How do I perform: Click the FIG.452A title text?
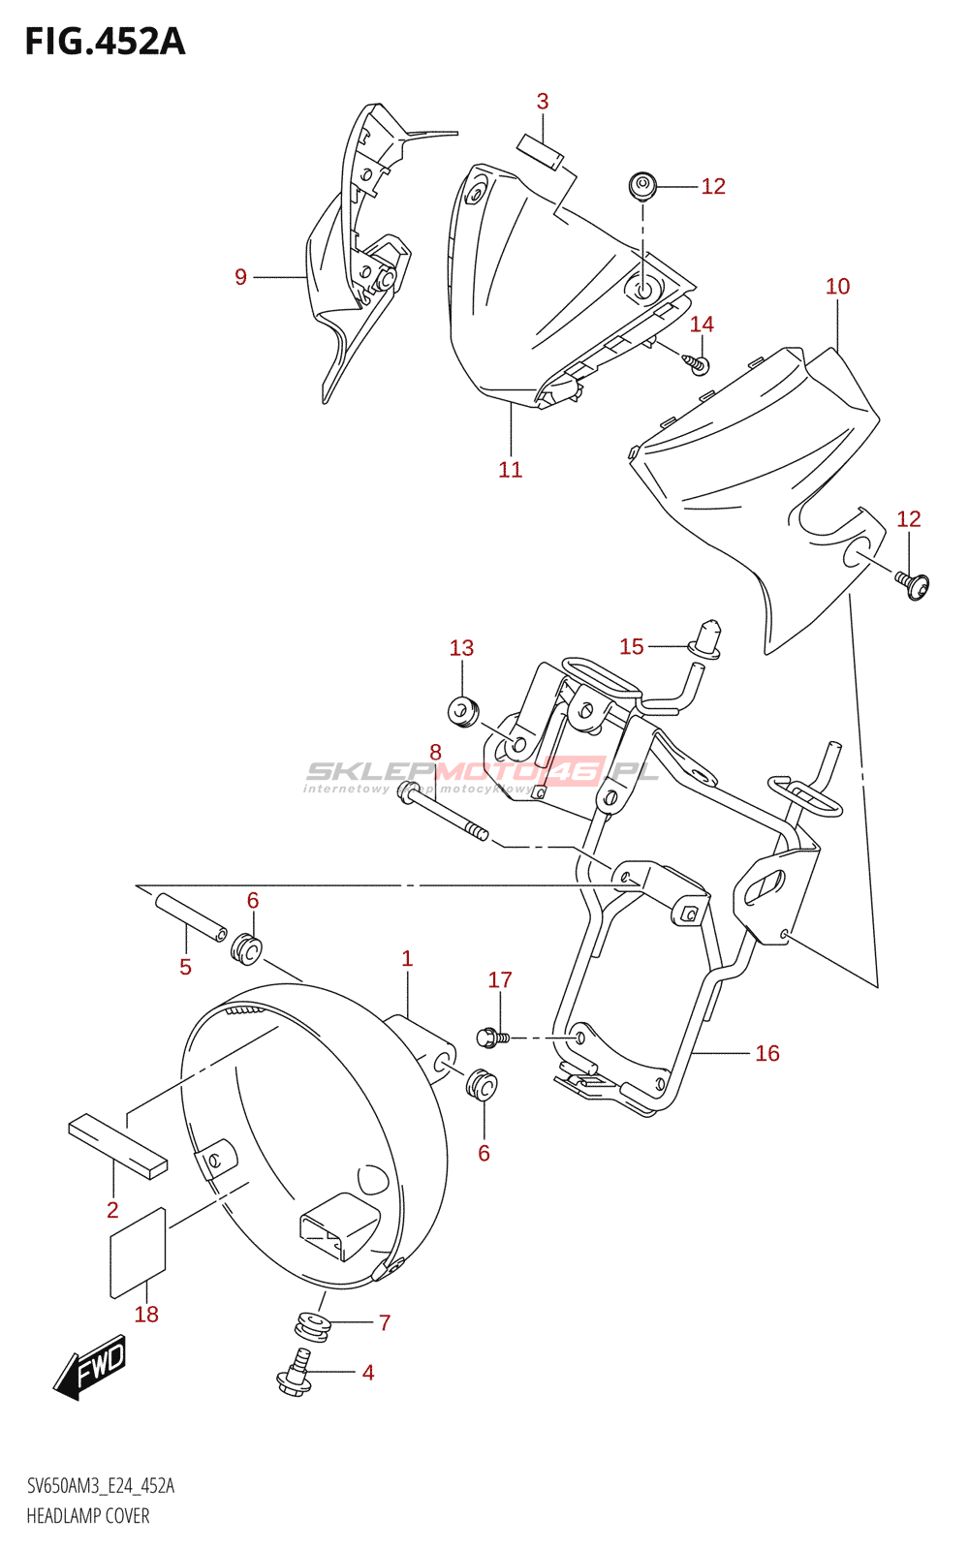click(x=105, y=42)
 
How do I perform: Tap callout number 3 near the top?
click(x=543, y=102)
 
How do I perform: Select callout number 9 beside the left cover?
click(x=241, y=278)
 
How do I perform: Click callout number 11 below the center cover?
click(x=511, y=470)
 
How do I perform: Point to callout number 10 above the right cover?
click(x=837, y=287)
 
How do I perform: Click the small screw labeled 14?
click(x=698, y=363)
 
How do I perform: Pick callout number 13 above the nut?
click(x=461, y=648)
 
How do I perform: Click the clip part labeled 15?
click(x=706, y=637)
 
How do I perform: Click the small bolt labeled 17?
click(x=491, y=1038)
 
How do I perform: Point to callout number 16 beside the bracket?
click(x=767, y=1053)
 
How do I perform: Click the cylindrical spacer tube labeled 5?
click(x=191, y=916)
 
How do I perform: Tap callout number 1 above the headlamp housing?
click(x=407, y=959)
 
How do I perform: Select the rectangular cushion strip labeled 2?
click(x=117, y=1145)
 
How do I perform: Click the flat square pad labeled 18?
click(x=139, y=1252)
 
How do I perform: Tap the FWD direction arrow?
click(x=90, y=1366)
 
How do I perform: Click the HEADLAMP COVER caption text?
click(x=88, y=1516)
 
